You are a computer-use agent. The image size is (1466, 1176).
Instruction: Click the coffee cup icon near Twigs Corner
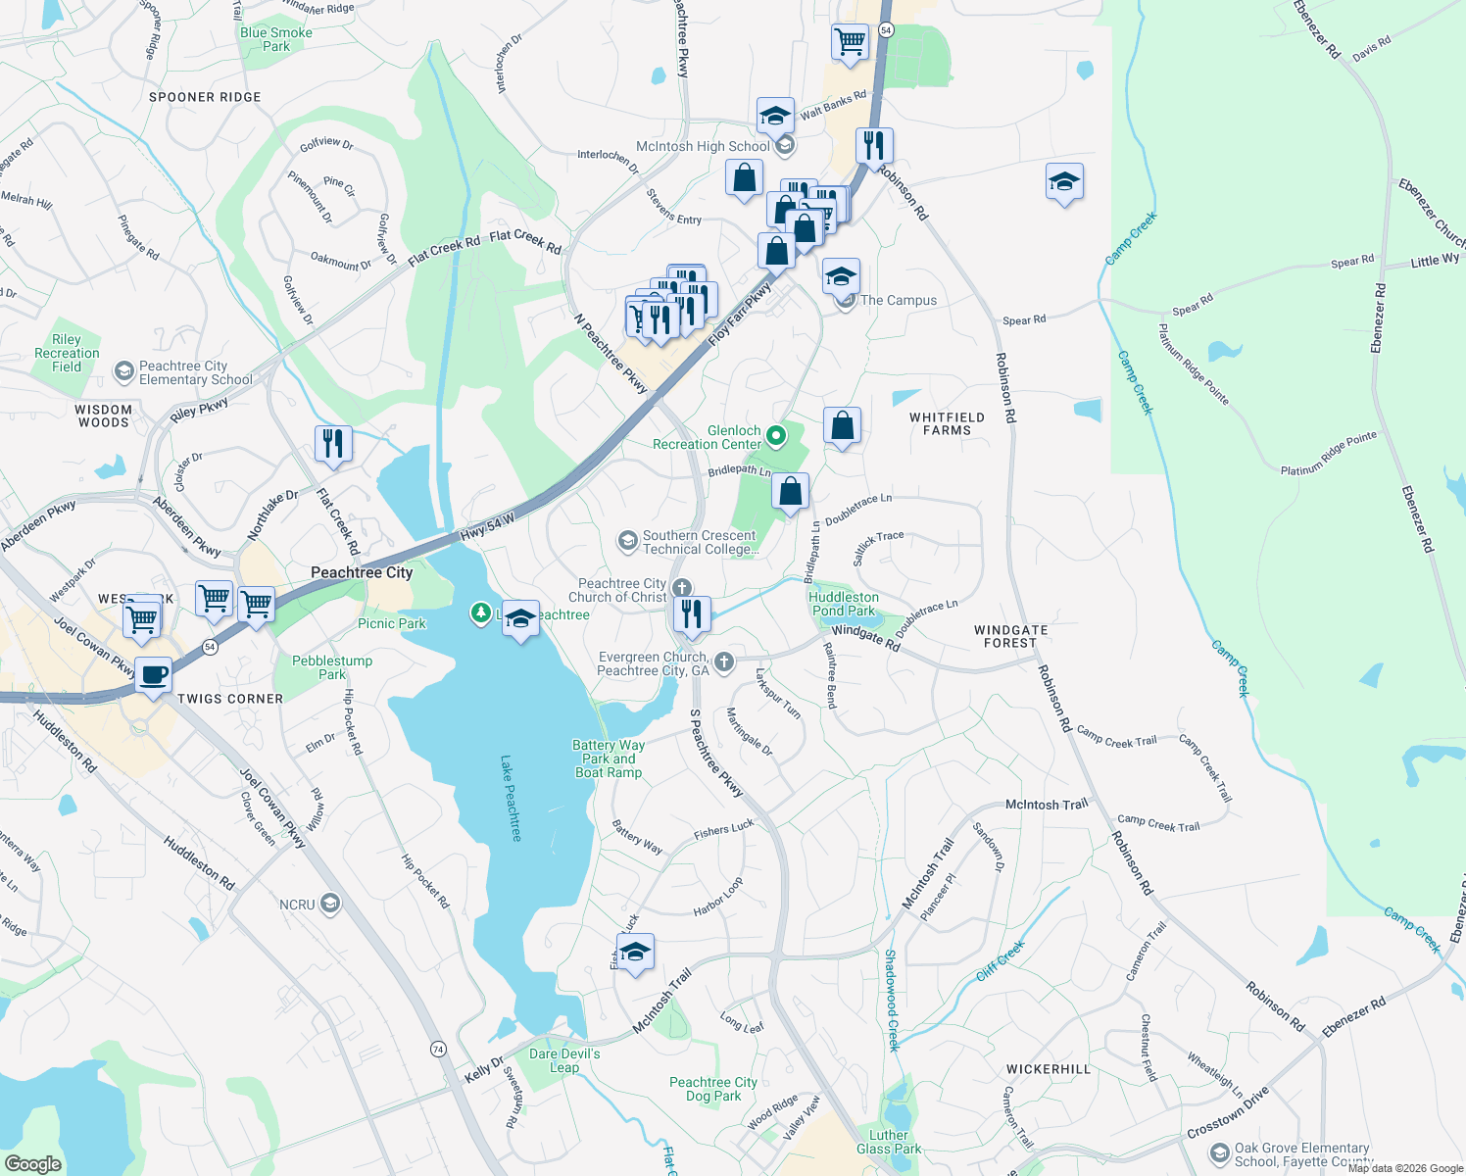154,675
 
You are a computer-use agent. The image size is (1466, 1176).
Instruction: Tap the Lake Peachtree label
511,798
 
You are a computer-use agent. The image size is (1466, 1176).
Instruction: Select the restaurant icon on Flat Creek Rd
333,443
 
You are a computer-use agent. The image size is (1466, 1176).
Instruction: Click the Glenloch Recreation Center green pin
776,436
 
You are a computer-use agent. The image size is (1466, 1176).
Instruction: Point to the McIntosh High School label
703,146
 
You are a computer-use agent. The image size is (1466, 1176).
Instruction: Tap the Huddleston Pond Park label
843,604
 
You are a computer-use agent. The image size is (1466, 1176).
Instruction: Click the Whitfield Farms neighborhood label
947,423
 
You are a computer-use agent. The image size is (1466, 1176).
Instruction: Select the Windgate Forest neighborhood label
1010,637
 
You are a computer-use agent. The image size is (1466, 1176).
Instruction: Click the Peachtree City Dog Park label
712,1089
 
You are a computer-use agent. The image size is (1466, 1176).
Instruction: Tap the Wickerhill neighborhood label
1048,1069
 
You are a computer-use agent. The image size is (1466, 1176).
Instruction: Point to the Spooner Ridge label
205,97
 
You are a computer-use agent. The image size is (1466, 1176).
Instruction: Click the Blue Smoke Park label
276,39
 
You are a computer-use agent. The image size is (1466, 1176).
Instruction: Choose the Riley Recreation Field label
67,353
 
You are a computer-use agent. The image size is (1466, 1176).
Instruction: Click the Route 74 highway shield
438,1049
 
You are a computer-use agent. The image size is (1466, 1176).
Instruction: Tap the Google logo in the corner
32,1163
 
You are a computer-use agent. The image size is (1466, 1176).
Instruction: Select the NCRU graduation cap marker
330,904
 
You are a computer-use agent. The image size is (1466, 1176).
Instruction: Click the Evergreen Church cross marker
724,663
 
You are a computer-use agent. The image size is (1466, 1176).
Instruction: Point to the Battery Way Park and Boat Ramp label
609,759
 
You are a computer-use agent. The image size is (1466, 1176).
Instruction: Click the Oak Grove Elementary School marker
1219,1153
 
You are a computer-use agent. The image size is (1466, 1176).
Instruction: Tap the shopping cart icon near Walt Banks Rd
850,42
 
